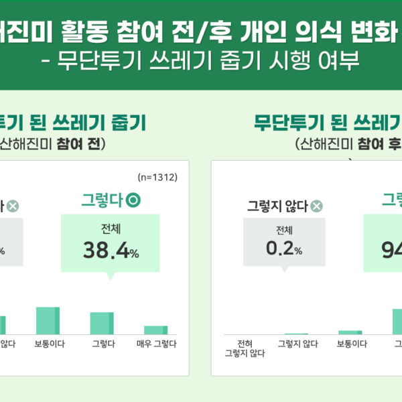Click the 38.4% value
pyautogui.click(x=111, y=250)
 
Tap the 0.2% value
pyautogui.click(x=284, y=250)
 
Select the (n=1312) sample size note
pyautogui.click(x=156, y=178)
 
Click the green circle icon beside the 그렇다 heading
pyautogui.click(x=134, y=199)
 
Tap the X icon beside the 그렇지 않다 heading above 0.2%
pyautogui.click(x=316, y=206)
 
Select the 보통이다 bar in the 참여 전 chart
pyautogui.click(x=48, y=320)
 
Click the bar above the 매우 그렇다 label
pyautogui.click(x=155, y=330)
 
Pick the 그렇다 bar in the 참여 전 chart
pyautogui.click(x=102, y=323)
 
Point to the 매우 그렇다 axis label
pyautogui.click(x=155, y=344)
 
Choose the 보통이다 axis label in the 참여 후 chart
pyautogui.click(x=351, y=344)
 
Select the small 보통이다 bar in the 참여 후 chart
pyautogui.click(x=350, y=332)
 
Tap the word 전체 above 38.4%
pyautogui.click(x=111, y=228)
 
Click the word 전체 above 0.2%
pyautogui.click(x=284, y=230)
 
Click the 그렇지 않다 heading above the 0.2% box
pyautogui.click(x=277, y=206)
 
